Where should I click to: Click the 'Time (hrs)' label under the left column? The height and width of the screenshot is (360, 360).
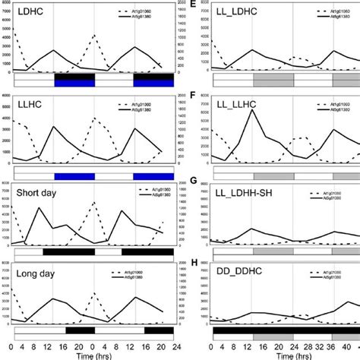point(93,355)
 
